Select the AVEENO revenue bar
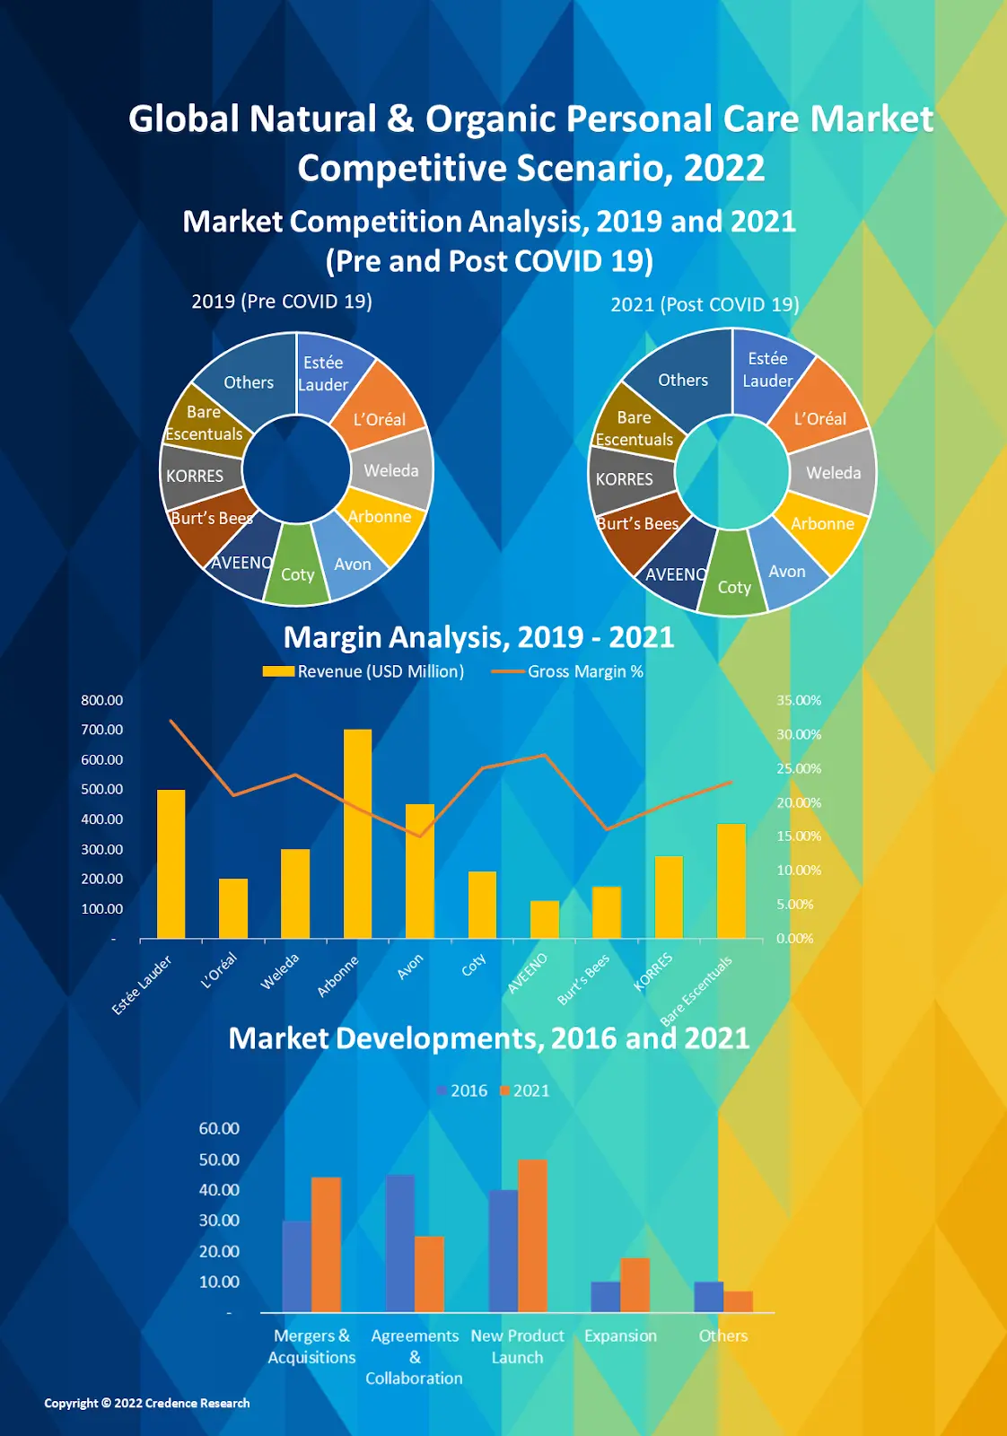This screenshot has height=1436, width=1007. (x=544, y=919)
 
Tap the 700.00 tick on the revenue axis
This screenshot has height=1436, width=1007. (x=101, y=730)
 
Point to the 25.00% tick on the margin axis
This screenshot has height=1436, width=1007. (x=799, y=768)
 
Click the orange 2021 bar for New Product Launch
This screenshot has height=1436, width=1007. (x=532, y=1236)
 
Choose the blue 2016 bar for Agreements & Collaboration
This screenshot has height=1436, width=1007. (x=400, y=1243)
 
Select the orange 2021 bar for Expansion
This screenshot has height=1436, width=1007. (x=635, y=1285)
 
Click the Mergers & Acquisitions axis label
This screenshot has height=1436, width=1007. (x=311, y=1346)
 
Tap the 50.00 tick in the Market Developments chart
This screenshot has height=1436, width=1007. (x=219, y=1160)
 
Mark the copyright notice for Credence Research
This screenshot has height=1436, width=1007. (x=147, y=1403)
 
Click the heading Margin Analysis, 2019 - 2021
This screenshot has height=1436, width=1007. (x=478, y=637)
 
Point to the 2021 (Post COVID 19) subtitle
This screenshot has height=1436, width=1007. (x=705, y=304)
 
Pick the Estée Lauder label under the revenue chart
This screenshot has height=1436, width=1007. (x=142, y=985)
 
